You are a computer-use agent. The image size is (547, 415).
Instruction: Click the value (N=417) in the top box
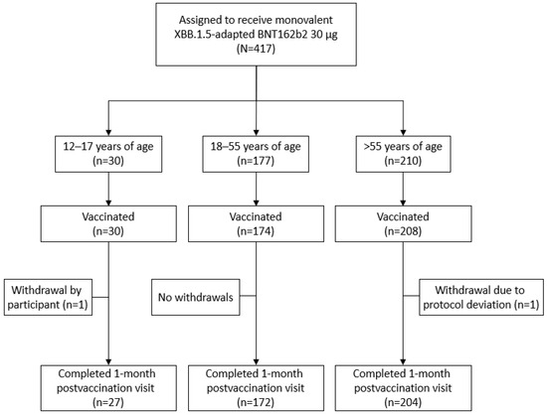(273, 63)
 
